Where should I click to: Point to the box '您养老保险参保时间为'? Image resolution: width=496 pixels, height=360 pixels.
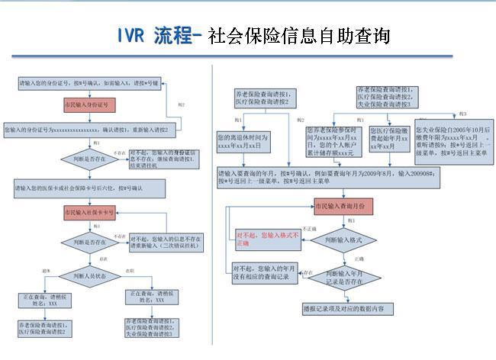[x=332, y=141]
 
